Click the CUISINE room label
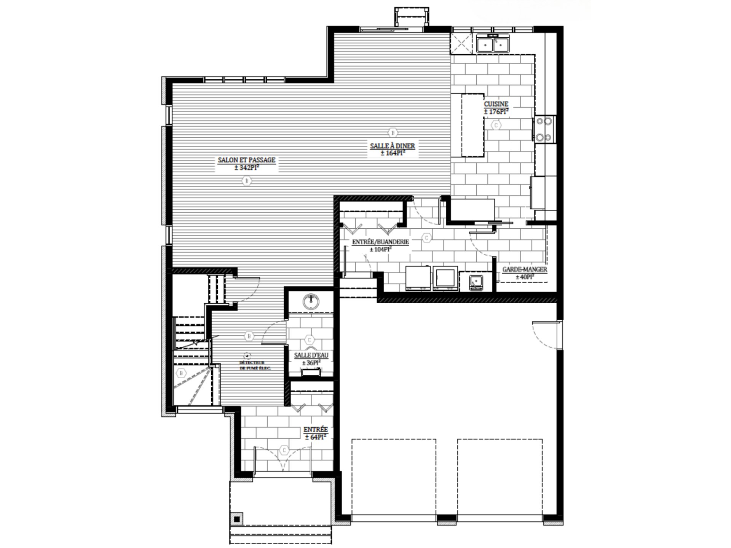coord(496,104)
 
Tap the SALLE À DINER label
coord(393,146)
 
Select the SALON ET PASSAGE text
coord(246,160)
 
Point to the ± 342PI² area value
coord(246,168)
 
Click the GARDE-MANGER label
coord(525,269)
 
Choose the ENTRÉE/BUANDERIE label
coord(380,242)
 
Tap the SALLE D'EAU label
coord(311,355)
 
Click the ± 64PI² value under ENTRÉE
coord(316,437)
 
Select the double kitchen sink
coord(493,45)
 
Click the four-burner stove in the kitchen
coord(544,129)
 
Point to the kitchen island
coord(472,126)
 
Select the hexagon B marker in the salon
coord(247,181)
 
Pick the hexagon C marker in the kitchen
coord(496,125)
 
